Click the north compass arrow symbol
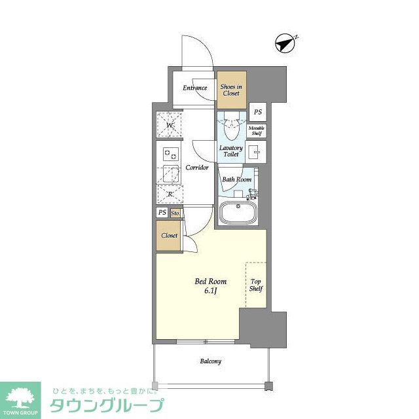click(x=286, y=43)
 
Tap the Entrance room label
click(x=194, y=88)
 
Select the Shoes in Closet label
click(x=230, y=90)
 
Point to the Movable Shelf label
click(x=256, y=130)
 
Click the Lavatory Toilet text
click(x=230, y=151)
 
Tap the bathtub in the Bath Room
click(x=236, y=213)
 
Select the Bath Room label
click(x=236, y=179)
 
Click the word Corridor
click(x=196, y=168)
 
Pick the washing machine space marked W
click(x=170, y=125)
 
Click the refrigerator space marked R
click(x=170, y=194)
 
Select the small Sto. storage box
click(x=175, y=213)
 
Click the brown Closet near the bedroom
click(x=170, y=236)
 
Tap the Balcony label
click(x=210, y=361)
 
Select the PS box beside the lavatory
click(x=257, y=112)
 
